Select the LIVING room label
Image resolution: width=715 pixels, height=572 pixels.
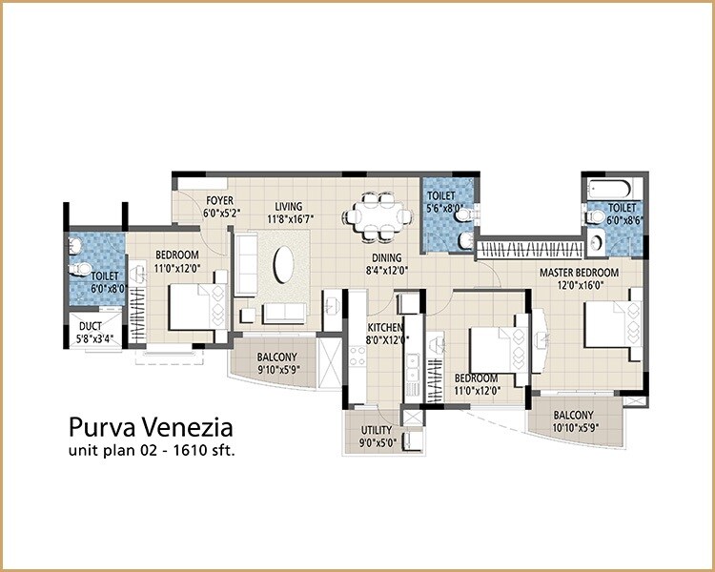[288, 205]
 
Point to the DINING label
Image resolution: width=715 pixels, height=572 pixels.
[387, 257]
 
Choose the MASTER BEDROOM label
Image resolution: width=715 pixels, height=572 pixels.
[580, 273]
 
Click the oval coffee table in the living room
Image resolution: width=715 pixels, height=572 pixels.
[286, 264]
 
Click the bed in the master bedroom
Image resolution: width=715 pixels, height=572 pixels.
[610, 325]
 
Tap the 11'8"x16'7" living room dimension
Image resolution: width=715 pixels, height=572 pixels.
[288, 217]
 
